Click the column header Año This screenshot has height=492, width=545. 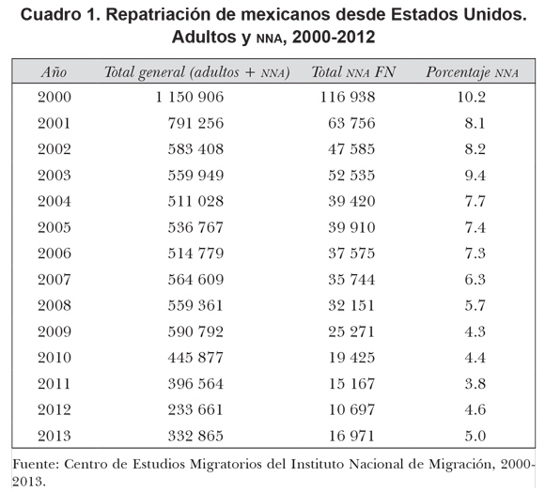click(54, 72)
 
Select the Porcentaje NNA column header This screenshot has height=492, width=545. click(473, 72)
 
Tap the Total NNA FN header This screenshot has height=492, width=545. click(353, 72)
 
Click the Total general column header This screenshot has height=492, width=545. click(197, 72)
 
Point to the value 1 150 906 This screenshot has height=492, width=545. click(190, 97)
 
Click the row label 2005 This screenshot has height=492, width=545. click(54, 227)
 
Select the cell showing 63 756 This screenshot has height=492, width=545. click(351, 123)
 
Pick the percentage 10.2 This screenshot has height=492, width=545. click(472, 97)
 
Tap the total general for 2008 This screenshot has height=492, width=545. click(195, 305)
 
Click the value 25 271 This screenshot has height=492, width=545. click(351, 331)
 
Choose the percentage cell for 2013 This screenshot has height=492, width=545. click(475, 436)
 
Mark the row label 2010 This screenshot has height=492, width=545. click(54, 358)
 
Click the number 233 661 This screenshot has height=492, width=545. click(195, 409)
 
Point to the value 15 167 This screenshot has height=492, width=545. click(351, 384)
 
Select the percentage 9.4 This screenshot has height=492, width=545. click(475, 175)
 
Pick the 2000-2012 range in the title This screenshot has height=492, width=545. click(334, 38)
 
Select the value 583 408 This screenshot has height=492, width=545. click(195, 149)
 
